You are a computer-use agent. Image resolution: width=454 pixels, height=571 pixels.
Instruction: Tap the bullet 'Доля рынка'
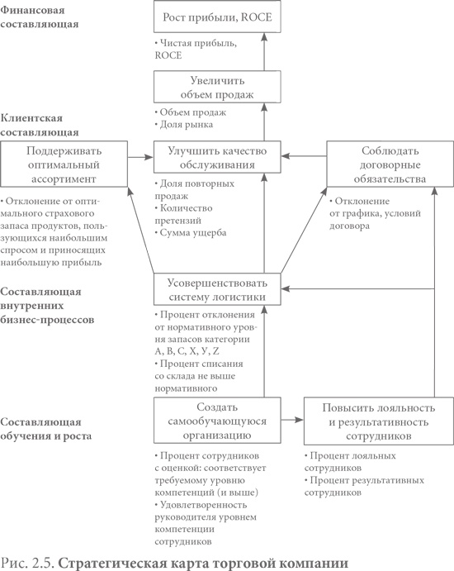click(x=185, y=125)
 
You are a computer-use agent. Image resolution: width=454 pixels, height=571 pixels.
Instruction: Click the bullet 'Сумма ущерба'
click(x=192, y=233)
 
